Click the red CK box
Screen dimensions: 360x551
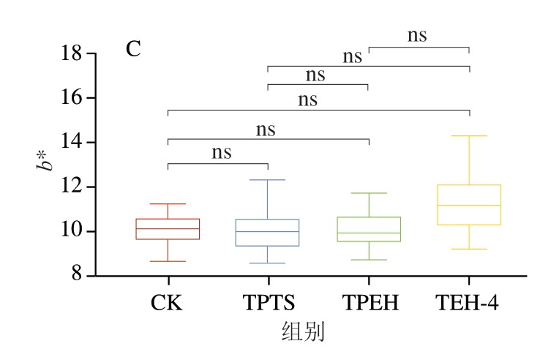tap(168, 229)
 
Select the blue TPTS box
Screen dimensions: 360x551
tap(268, 232)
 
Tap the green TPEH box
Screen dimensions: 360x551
tap(368, 229)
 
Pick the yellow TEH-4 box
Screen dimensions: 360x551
tap(468, 205)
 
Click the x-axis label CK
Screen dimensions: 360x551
tap(168, 302)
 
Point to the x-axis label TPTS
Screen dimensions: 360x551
tap(268, 302)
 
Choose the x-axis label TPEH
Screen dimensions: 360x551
tap(369, 302)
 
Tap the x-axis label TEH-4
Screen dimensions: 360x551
tap(468, 302)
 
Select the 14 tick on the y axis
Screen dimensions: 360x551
tap(72, 143)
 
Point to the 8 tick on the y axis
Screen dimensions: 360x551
tap(77, 277)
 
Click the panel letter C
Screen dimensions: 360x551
tap(133, 50)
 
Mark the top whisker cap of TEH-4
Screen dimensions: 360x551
tap(468, 135)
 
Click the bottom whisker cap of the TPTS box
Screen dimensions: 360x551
tap(268, 263)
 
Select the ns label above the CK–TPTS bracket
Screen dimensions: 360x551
tap(222, 152)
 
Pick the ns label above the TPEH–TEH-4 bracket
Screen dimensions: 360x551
tap(416, 35)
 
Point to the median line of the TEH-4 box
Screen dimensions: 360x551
tap(468, 205)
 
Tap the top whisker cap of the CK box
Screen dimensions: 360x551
tap(168, 203)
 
